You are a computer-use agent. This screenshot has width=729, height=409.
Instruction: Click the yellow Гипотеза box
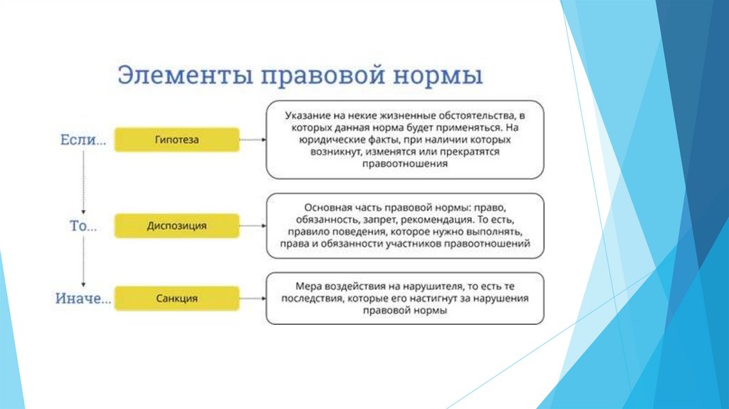[x=177, y=140]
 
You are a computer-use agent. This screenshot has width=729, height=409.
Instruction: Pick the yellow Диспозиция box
[x=177, y=226]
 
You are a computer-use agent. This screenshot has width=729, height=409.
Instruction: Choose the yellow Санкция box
[x=177, y=298]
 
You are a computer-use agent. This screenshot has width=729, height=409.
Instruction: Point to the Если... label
[x=83, y=141]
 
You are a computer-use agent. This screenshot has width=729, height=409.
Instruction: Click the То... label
[x=83, y=227]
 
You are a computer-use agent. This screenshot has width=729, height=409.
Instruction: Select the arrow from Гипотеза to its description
[x=253, y=140]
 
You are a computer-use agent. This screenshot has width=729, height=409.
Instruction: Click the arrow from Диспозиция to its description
[x=253, y=226]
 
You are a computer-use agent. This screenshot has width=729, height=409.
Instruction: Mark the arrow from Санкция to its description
[x=253, y=298]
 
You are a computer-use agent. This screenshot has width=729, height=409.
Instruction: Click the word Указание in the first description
[x=307, y=115]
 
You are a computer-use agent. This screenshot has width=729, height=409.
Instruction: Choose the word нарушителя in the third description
[x=409, y=286]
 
